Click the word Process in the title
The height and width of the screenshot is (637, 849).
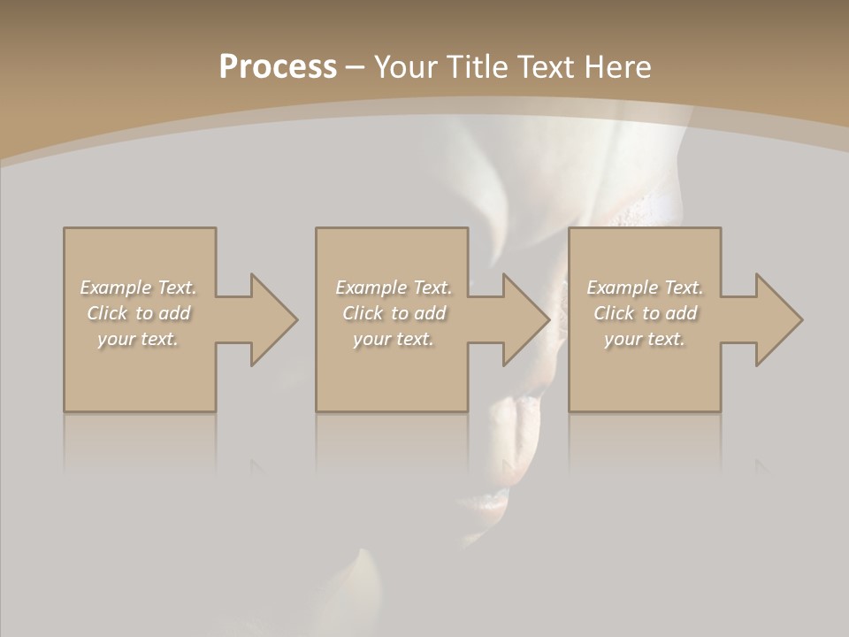coord(278,67)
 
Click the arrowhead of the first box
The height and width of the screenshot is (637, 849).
coord(272,319)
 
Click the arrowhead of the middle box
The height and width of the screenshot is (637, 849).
coord(525,319)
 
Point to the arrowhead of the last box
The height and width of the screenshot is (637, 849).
coord(777,319)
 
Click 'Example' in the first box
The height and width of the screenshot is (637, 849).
coord(115,288)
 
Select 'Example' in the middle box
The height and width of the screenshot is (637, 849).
coord(371,288)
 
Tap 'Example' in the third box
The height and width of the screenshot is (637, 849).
coord(622,288)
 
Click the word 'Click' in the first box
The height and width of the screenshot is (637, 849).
coord(107,313)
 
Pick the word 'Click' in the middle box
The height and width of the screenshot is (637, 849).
coord(363,313)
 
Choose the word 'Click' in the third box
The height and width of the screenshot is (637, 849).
coord(614,313)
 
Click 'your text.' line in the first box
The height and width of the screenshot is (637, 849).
coord(138,339)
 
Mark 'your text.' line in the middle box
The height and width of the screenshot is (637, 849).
coord(394,339)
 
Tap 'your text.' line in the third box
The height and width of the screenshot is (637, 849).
coord(645,339)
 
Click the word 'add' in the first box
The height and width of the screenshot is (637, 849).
coord(174,313)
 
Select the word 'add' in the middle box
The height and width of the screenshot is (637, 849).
coord(430,313)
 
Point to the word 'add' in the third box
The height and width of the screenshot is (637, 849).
coord(681,313)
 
